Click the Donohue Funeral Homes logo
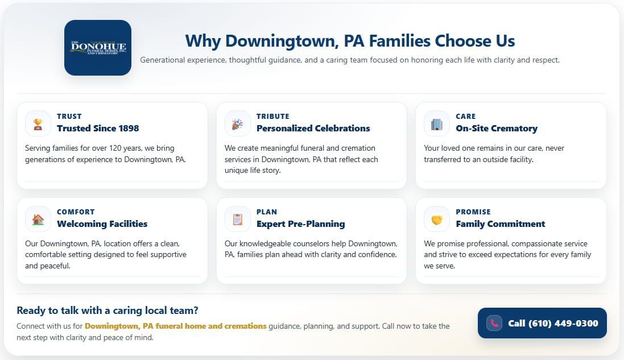click(x=98, y=48)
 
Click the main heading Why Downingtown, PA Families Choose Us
click(x=350, y=41)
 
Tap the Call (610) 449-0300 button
click(x=542, y=323)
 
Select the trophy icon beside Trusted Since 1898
click(x=38, y=123)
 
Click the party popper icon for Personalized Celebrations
click(x=237, y=123)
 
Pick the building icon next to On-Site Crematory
click(x=437, y=123)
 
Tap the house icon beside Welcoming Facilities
click(x=38, y=219)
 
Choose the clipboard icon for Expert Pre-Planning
click(x=237, y=219)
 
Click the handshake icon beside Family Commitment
click(x=437, y=219)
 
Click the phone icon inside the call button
click(x=494, y=323)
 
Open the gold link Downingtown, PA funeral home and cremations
click(x=175, y=326)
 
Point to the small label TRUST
click(x=69, y=116)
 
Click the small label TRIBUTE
click(x=272, y=116)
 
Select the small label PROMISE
click(x=473, y=212)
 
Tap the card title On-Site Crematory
click(x=496, y=129)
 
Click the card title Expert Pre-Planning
click(x=300, y=224)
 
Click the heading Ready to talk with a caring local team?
click(x=108, y=311)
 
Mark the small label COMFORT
click(x=76, y=212)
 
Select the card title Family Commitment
click(x=500, y=224)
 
